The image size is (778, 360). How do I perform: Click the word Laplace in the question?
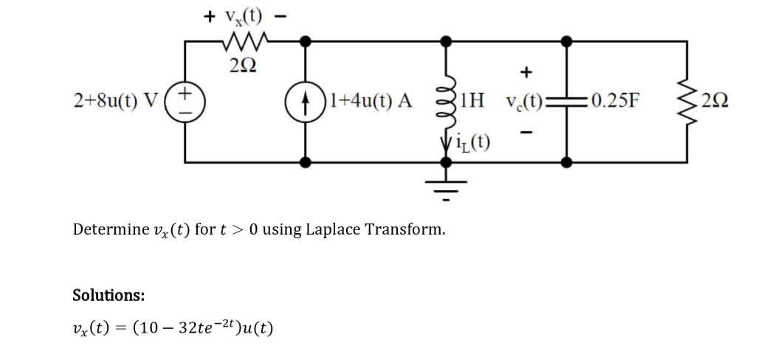[353, 229]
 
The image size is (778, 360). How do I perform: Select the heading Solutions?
[108, 295]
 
